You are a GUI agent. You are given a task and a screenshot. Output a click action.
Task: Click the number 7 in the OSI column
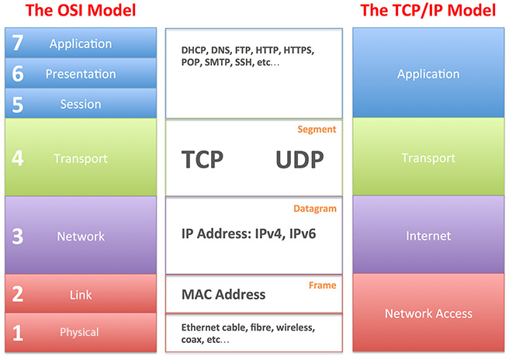tap(18, 43)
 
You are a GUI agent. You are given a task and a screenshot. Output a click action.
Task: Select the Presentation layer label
tap(81, 74)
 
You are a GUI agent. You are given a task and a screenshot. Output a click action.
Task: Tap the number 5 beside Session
tap(18, 105)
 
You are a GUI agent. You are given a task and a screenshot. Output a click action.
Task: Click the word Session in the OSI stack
tap(81, 104)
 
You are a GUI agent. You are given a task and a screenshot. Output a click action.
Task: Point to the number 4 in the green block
tap(18, 158)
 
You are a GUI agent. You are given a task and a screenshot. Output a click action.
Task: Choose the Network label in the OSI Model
tap(81, 237)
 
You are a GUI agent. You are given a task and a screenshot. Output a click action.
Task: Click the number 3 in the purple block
tap(18, 237)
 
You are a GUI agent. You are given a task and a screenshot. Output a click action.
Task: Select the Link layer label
tap(81, 295)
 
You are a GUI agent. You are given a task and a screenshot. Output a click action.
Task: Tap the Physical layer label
tap(79, 332)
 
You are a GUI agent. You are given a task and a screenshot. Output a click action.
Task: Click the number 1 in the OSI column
tap(18, 333)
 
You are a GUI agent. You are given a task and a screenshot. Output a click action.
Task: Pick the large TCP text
tap(203, 159)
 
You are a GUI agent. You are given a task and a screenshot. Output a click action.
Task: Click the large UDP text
tap(300, 159)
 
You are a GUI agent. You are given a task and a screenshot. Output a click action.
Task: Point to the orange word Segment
tap(317, 130)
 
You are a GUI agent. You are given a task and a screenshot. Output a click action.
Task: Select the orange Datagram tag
tap(315, 209)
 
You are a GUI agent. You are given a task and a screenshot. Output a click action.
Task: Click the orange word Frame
tap(322, 285)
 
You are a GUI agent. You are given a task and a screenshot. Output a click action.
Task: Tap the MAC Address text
tap(223, 294)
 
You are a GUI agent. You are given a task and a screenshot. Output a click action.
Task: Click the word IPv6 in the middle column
tap(303, 234)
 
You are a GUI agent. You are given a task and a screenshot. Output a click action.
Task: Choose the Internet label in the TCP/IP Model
tap(428, 236)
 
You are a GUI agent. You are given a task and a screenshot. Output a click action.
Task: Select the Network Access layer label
tap(428, 313)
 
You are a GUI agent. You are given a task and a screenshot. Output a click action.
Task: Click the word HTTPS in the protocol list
tap(298, 50)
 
